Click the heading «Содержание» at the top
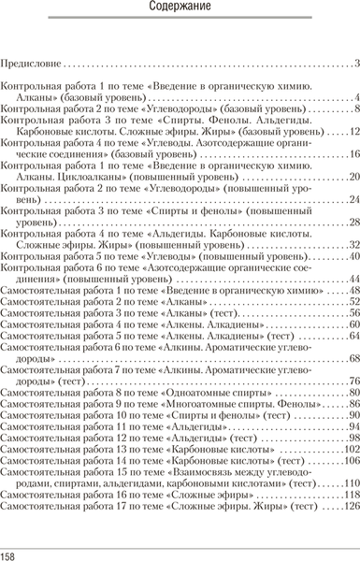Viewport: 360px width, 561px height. click(x=179, y=11)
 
